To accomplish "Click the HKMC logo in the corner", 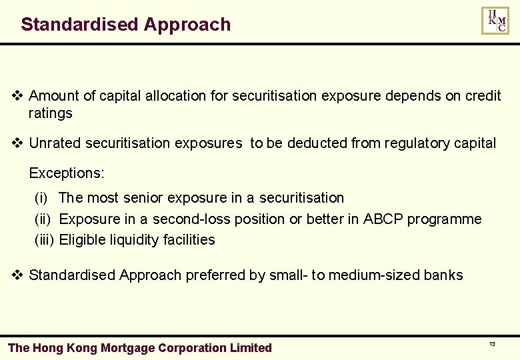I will [x=495, y=21].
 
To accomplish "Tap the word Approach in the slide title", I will [x=187, y=25].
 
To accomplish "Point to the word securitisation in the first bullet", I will [x=274, y=96].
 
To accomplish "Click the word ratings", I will [x=50, y=113].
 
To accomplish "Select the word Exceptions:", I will [x=67, y=173].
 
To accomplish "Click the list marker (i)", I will [x=41, y=198].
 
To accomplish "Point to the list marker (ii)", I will [x=43, y=219].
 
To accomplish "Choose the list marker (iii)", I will [x=44, y=240].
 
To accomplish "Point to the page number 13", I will [x=492, y=344].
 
